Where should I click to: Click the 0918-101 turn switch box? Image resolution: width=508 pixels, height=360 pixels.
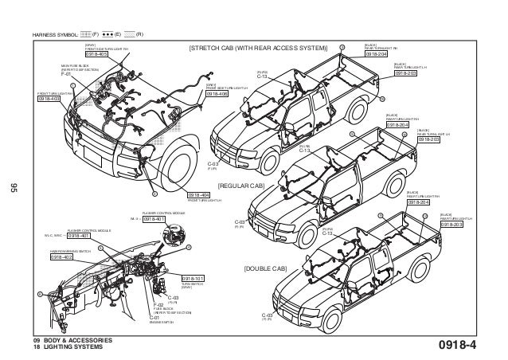193,279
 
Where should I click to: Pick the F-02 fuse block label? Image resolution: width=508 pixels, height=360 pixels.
157,305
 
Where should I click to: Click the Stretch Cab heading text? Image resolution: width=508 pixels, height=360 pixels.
257,49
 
